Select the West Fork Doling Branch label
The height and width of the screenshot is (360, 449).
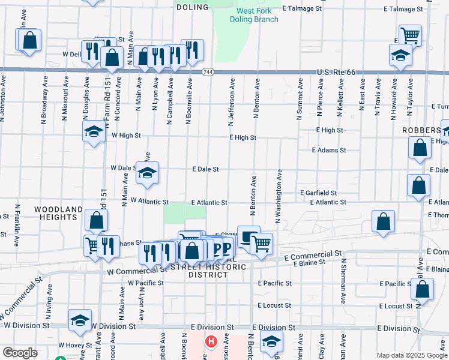pos(254,15)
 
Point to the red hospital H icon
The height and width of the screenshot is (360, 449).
pos(211,342)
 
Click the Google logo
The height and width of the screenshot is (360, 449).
pos(20,353)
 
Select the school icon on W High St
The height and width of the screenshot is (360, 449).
pos(94,133)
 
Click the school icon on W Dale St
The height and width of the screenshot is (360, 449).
pos(147,173)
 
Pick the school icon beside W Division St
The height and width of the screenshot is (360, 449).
pos(80,321)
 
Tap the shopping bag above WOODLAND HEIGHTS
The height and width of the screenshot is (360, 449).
pos(96,220)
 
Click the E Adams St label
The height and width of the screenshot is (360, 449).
pos(329,150)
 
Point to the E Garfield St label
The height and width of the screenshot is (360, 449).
pos(319,193)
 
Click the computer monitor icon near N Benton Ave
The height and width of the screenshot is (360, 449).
pos(249,236)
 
